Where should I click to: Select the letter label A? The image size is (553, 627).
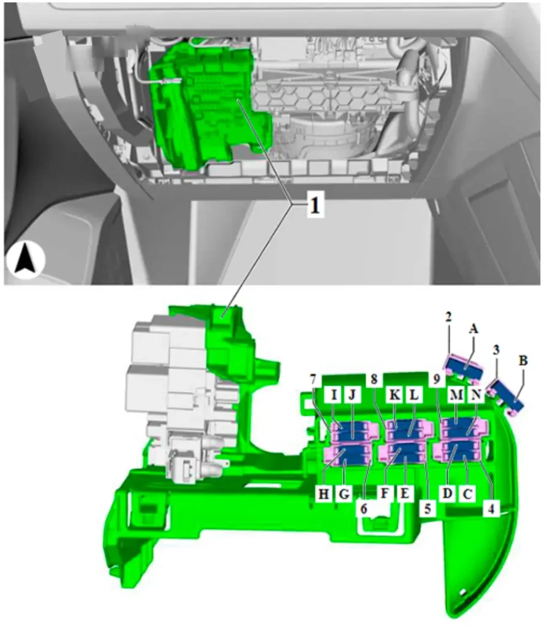pos(473,329)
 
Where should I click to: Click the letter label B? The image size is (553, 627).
pos(523,361)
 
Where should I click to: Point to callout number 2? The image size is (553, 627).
pos(448,317)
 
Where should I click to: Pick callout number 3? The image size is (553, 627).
pos(496,350)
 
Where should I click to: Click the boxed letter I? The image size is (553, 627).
pos(334,395)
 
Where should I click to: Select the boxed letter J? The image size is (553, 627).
pos(352,395)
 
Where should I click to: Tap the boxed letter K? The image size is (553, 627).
pos(394,395)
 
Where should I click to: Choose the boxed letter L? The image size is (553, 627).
pos(414,395)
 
